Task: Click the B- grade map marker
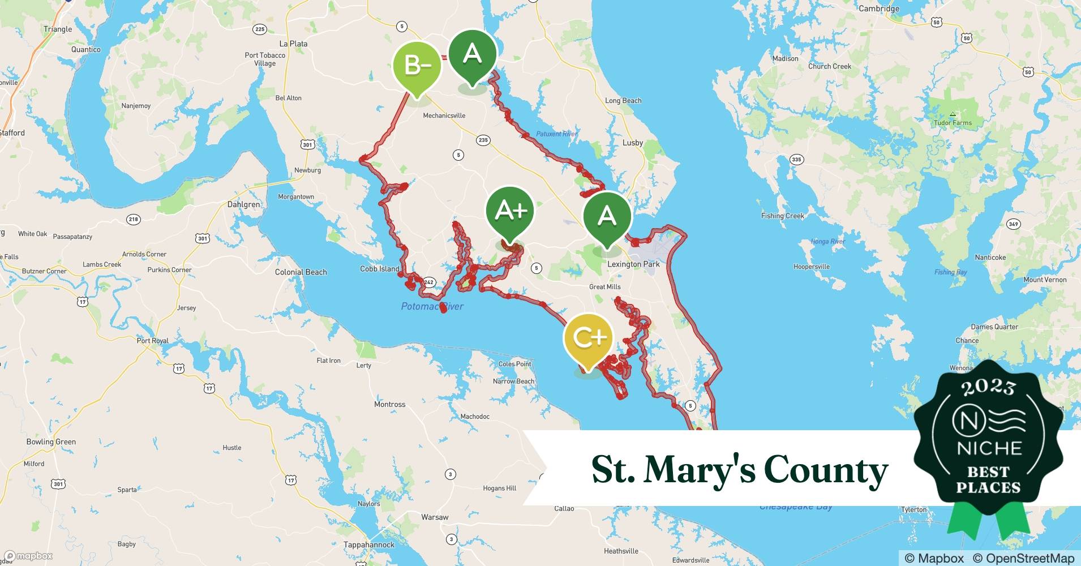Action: tap(417, 66)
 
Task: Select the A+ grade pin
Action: tap(510, 211)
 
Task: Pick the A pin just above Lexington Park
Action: tap(607, 216)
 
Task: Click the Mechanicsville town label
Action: tap(444, 115)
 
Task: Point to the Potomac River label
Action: tap(432, 306)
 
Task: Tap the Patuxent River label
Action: tap(556, 134)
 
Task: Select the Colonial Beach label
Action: tap(301, 272)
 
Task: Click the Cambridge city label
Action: tap(878, 8)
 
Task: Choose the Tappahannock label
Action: tap(369, 544)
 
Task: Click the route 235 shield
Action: tap(483, 140)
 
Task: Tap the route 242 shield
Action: tap(428, 282)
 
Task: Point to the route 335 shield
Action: tap(796, 159)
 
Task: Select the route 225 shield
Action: tap(260, 29)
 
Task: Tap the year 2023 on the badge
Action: tap(988, 387)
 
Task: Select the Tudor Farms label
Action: tap(953, 123)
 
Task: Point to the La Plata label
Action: tap(293, 44)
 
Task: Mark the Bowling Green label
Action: tap(51, 442)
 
